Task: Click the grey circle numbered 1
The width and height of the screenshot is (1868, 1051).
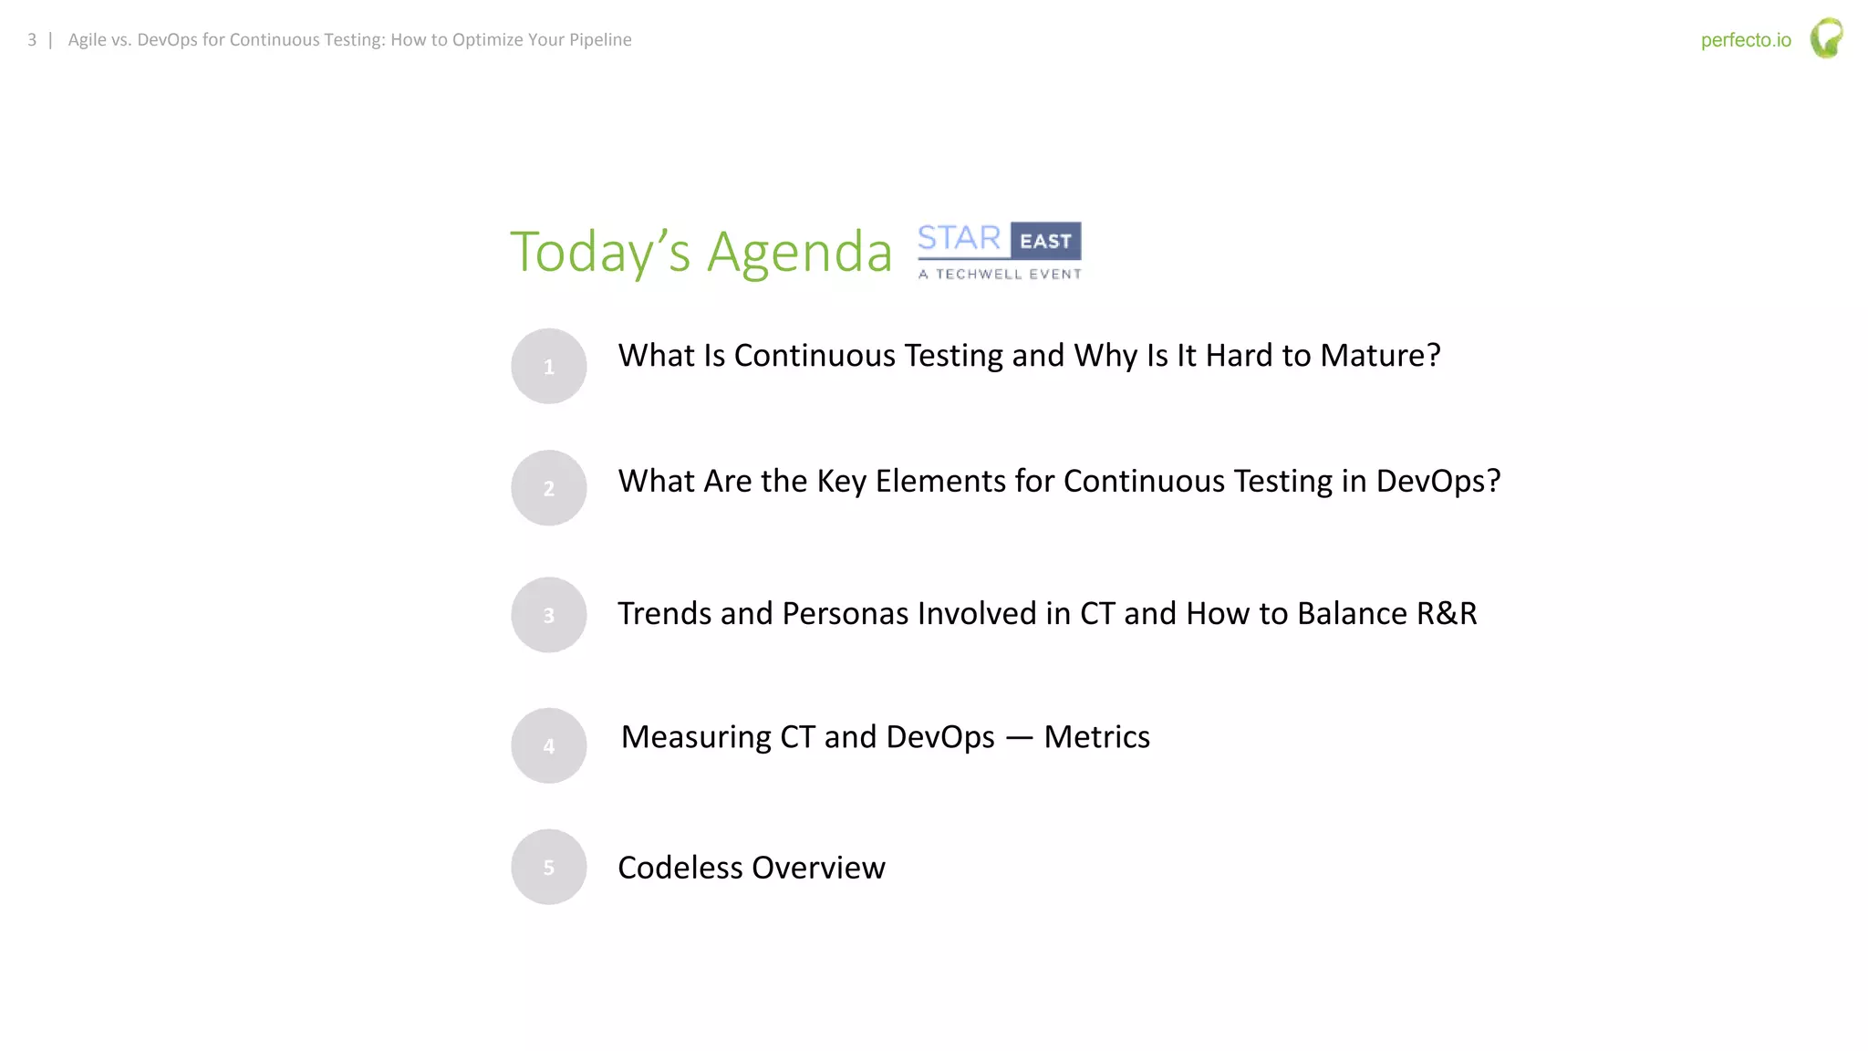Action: point(548,366)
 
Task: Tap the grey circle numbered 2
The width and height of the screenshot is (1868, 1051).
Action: point(548,488)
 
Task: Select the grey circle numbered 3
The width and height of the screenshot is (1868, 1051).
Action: point(548,615)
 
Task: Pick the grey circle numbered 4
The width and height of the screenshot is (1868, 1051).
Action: point(548,745)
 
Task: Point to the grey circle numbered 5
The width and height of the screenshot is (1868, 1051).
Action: point(548,867)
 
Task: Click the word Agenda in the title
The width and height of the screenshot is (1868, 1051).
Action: point(799,253)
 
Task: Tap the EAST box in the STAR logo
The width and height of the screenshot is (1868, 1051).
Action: point(1045,241)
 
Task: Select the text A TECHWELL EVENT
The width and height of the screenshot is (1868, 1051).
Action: point(1000,274)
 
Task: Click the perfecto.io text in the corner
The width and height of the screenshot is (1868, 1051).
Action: point(1745,40)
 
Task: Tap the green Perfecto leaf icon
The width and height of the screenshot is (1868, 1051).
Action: point(1826,38)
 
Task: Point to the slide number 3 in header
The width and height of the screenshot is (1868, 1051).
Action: point(32,40)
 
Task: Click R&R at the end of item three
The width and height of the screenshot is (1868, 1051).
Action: point(1446,613)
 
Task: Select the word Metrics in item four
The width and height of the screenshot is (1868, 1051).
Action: point(1096,737)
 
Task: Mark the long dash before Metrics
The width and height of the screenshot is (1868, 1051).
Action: point(1019,738)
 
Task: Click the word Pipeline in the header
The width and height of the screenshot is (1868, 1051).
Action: point(599,40)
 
